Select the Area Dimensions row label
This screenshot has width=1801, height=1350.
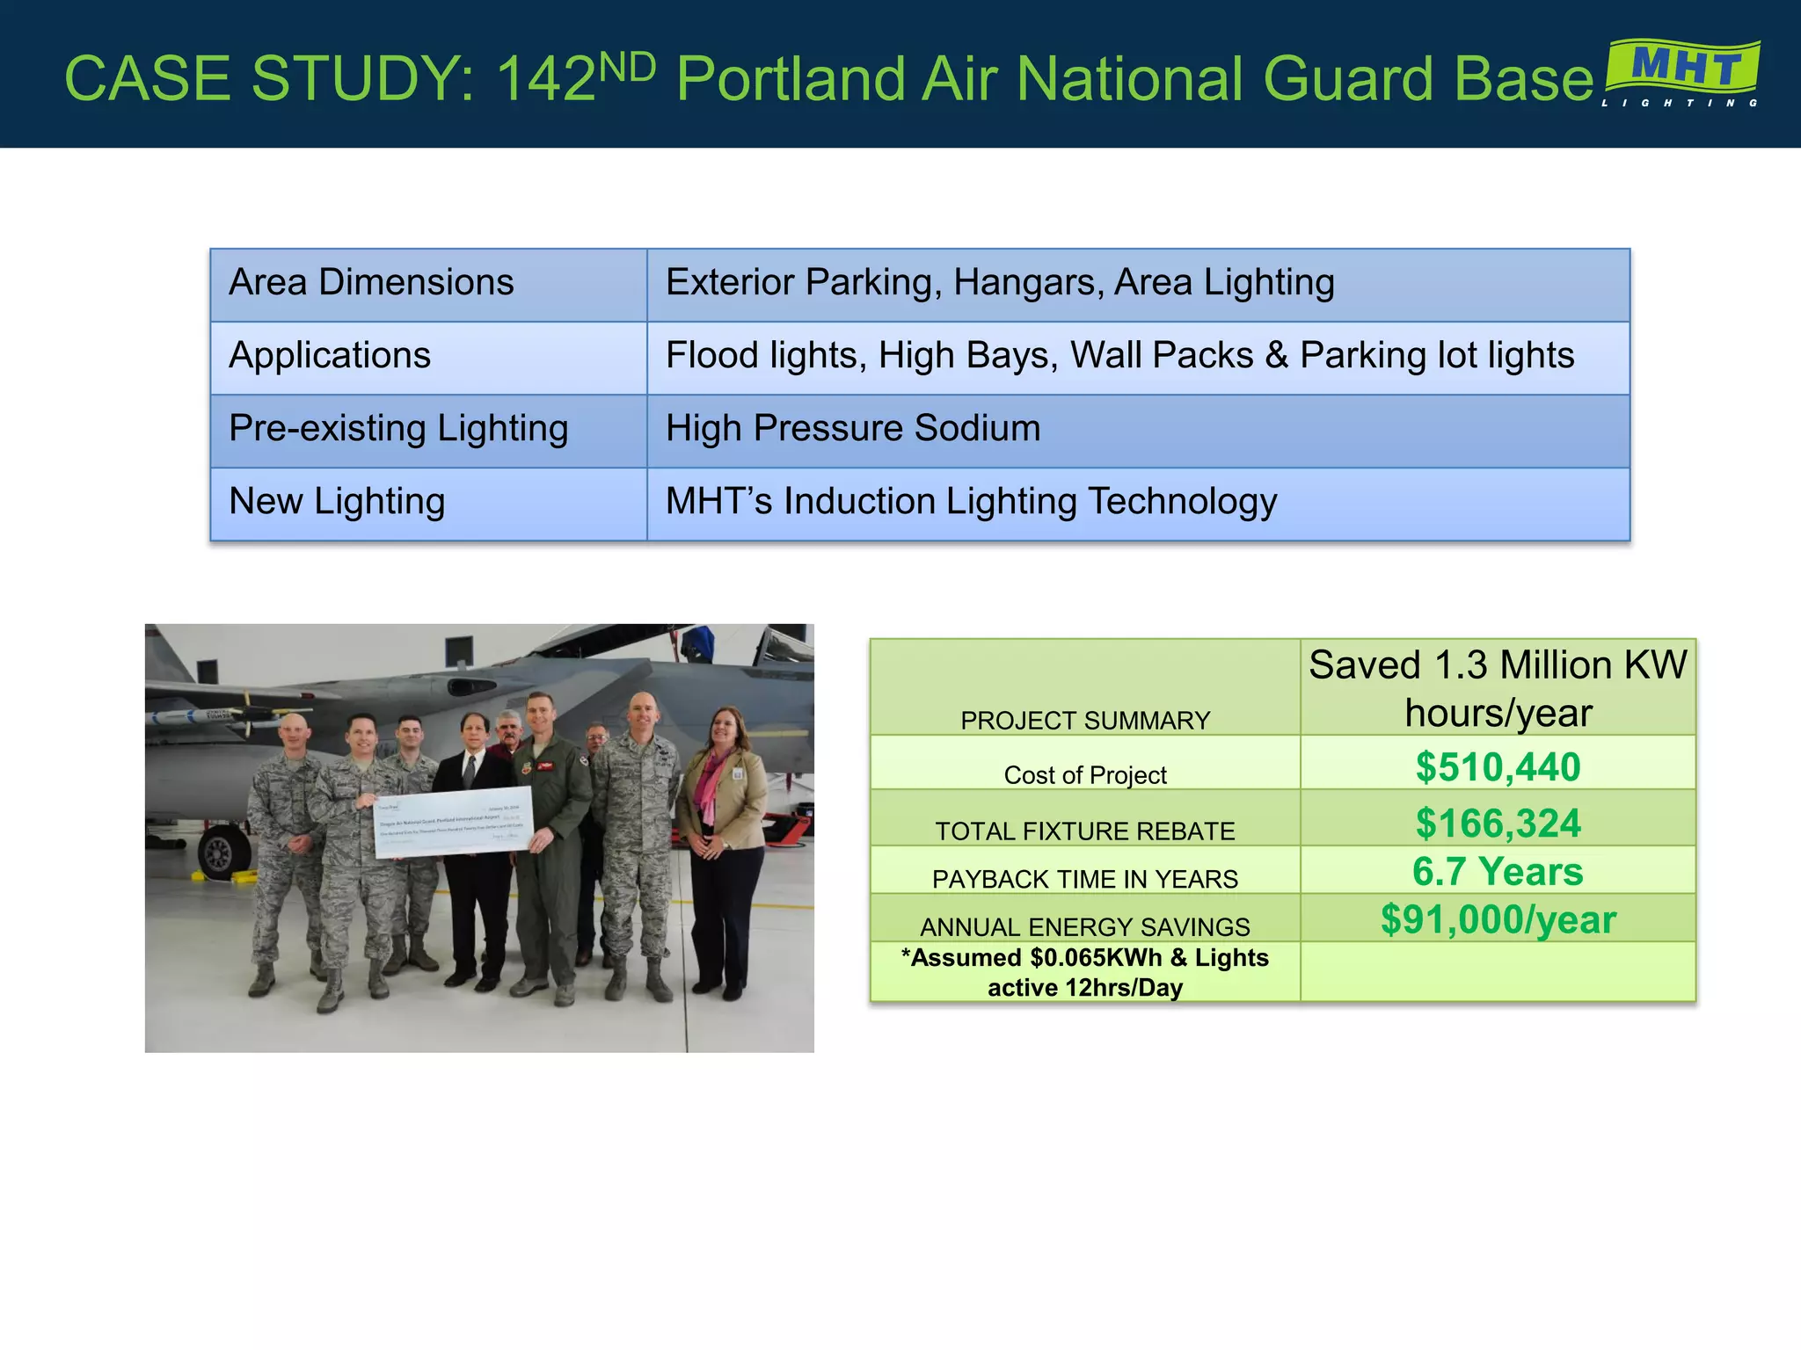tap(371, 283)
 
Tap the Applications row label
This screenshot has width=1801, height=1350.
tap(330, 356)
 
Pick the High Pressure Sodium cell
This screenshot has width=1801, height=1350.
tap(852, 429)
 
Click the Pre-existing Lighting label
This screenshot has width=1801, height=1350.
tap(398, 429)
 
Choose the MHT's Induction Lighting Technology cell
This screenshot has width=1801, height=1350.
tap(971, 502)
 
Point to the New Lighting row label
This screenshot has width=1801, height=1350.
tap(337, 502)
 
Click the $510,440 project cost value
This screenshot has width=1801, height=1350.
tap(1498, 766)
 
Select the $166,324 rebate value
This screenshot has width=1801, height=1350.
tap(1498, 823)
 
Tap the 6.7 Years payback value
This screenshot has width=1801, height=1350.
tap(1498, 871)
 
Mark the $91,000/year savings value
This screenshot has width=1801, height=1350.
tap(1498, 919)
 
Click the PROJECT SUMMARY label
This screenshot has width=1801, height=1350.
tap(1084, 721)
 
